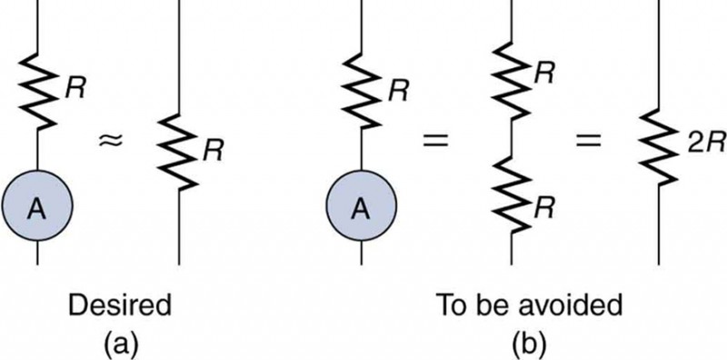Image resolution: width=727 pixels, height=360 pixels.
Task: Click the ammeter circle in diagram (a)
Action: click(x=37, y=208)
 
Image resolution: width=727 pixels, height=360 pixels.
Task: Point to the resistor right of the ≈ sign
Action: click(x=178, y=149)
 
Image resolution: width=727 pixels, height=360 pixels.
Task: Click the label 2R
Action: click(x=696, y=145)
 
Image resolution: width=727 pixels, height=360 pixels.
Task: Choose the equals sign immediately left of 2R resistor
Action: click(x=583, y=141)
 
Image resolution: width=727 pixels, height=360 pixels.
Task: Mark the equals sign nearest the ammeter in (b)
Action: click(x=437, y=141)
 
